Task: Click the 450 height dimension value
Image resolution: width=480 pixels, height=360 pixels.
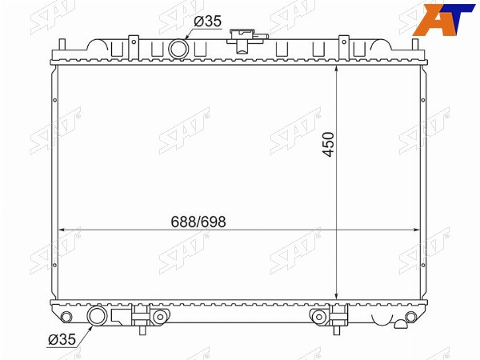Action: [x=329, y=145]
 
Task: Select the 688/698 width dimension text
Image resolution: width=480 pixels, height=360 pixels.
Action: [x=198, y=222]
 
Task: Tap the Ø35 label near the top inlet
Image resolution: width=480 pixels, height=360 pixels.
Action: [x=207, y=22]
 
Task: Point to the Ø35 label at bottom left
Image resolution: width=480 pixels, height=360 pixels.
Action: [x=62, y=339]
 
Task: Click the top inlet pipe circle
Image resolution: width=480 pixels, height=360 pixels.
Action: [x=178, y=49]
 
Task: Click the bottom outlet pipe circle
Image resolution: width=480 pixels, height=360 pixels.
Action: [x=98, y=316]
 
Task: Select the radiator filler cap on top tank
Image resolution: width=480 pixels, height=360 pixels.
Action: [x=247, y=39]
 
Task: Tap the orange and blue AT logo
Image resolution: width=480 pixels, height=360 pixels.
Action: [x=443, y=19]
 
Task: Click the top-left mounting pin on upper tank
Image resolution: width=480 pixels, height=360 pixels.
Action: [x=62, y=44]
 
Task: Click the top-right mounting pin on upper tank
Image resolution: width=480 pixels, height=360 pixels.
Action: [x=415, y=44]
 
